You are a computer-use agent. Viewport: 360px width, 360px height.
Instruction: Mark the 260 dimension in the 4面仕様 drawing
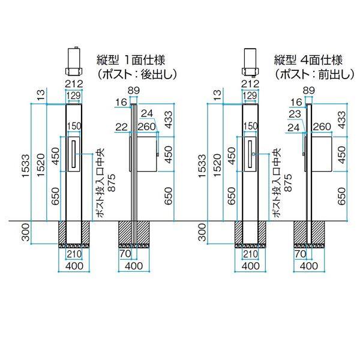tap(322, 127)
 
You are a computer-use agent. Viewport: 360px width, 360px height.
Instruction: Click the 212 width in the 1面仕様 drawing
tap(73, 83)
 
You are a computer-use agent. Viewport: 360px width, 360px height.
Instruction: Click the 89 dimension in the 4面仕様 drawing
tap(309, 91)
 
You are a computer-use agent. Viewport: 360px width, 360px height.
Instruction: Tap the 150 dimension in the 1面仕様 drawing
tap(74, 126)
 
